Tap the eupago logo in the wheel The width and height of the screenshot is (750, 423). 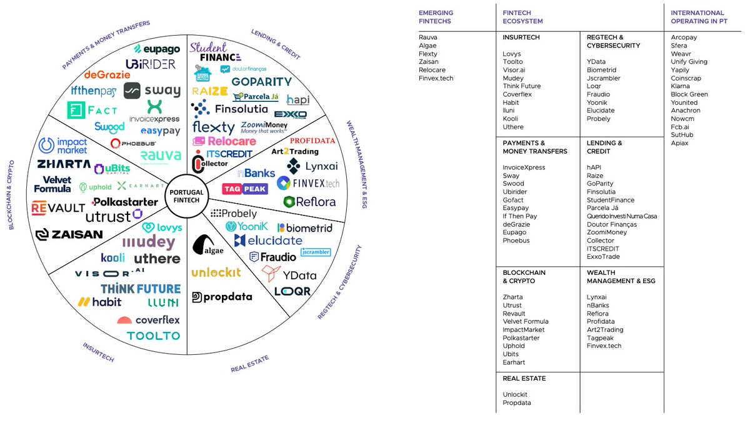click(x=157, y=49)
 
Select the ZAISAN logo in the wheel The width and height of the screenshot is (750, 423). click(x=69, y=234)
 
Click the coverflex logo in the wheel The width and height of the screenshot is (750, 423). click(x=149, y=320)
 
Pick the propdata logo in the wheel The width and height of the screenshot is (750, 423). click(x=222, y=297)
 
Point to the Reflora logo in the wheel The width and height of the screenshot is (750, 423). click(x=309, y=201)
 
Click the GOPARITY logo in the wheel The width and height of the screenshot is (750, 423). click(x=261, y=82)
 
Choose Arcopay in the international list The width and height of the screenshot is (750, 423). click(x=684, y=37)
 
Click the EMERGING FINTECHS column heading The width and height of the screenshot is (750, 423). click(x=436, y=17)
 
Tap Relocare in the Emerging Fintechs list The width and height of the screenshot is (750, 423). click(x=432, y=70)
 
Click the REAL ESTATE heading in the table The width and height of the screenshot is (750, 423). click(x=523, y=379)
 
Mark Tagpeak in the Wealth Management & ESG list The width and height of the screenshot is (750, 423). click(x=600, y=338)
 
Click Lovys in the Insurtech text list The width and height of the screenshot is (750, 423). click(x=512, y=54)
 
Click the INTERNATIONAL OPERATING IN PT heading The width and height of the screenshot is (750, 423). click(x=697, y=17)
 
